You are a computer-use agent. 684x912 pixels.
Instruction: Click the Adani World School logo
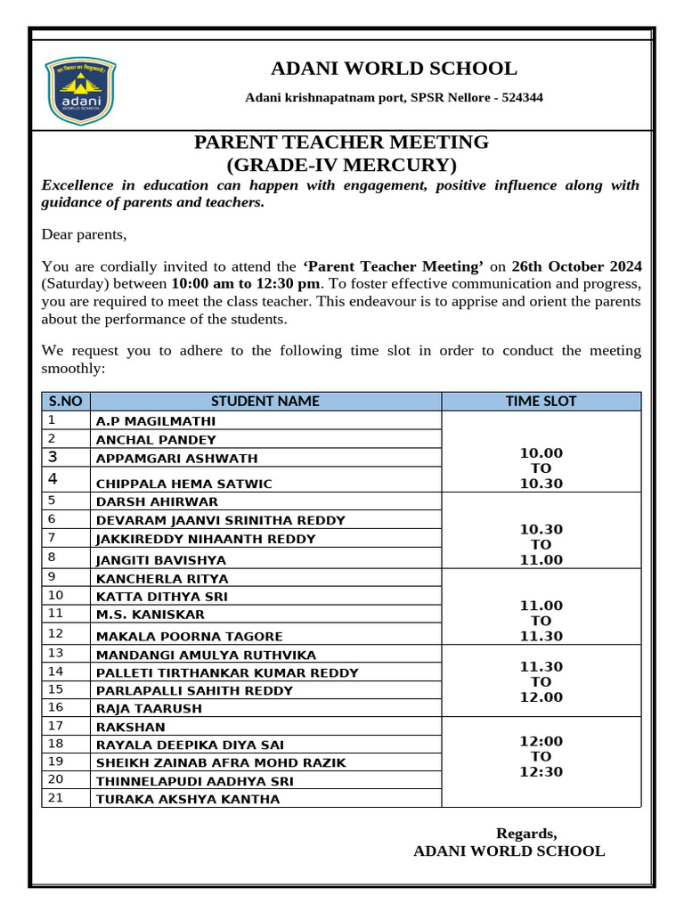pyautogui.click(x=81, y=94)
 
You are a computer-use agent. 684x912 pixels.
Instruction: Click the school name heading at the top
pyautogui.click(x=394, y=69)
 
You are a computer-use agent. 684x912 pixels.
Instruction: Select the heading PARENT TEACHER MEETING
pyautogui.click(x=341, y=142)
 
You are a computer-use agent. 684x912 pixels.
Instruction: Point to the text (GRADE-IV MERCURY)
pyautogui.click(x=341, y=165)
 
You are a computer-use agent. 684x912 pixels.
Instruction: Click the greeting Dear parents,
pyautogui.click(x=85, y=235)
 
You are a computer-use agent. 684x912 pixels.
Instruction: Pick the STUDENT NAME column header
pyautogui.click(x=265, y=401)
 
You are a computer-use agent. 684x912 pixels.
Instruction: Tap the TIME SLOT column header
pyautogui.click(x=541, y=401)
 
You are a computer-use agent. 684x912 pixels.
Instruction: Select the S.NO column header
pyautogui.click(x=66, y=401)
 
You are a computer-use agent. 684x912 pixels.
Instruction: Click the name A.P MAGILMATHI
pyautogui.click(x=156, y=421)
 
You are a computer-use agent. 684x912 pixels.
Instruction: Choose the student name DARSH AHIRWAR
pyautogui.click(x=157, y=501)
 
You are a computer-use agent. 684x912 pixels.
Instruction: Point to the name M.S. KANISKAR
pyautogui.click(x=151, y=615)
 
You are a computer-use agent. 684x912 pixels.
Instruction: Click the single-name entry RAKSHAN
pyautogui.click(x=131, y=727)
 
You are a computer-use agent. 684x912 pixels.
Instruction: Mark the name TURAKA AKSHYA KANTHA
pyautogui.click(x=188, y=799)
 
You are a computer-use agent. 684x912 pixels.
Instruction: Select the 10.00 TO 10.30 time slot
pyautogui.click(x=541, y=468)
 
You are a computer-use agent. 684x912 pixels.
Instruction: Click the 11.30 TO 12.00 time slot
pyautogui.click(x=541, y=681)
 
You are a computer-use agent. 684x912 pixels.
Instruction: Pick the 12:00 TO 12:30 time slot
pyautogui.click(x=541, y=756)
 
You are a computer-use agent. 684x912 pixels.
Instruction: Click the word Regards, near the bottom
pyautogui.click(x=526, y=834)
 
